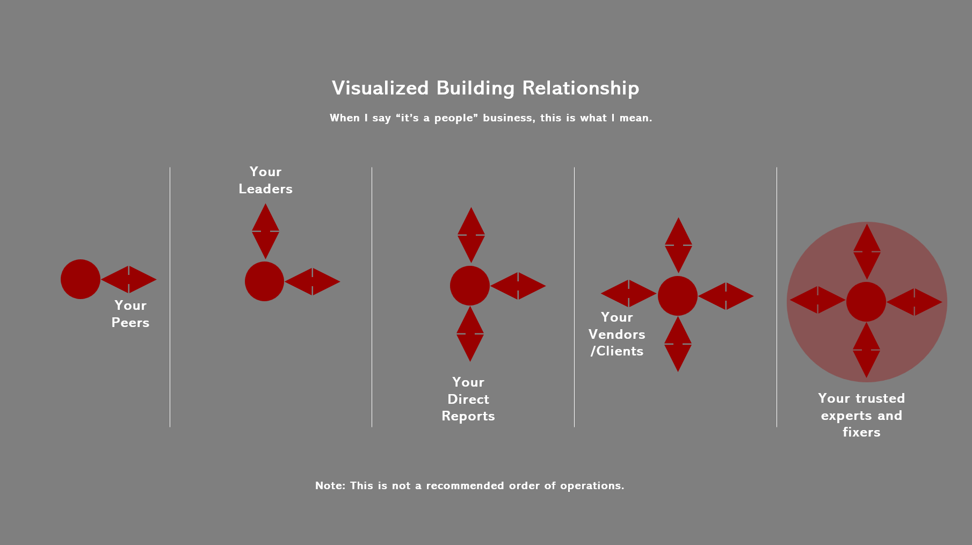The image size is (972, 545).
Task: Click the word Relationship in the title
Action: click(x=581, y=89)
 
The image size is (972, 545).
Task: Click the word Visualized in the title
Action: click(x=380, y=89)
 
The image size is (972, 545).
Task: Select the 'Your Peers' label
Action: click(x=130, y=314)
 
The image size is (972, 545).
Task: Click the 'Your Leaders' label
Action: click(x=265, y=180)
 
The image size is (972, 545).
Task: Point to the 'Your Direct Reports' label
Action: click(x=468, y=399)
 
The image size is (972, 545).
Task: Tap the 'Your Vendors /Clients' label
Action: click(x=616, y=334)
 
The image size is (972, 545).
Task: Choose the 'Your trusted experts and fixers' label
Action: click(x=861, y=415)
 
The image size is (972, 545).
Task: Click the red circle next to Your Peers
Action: click(x=81, y=279)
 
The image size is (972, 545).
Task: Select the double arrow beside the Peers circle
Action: click(x=129, y=279)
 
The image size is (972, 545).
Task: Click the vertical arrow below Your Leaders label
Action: click(x=265, y=231)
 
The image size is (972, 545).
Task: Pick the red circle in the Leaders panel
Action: click(x=264, y=281)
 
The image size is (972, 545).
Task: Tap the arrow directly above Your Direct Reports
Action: click(x=470, y=334)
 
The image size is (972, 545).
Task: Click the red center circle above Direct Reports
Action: click(x=470, y=286)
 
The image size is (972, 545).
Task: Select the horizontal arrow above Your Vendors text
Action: click(x=628, y=293)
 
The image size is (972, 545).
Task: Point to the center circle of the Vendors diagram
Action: click(x=678, y=296)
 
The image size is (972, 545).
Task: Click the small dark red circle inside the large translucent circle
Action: click(x=866, y=302)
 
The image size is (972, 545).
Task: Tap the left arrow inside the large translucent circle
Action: click(x=817, y=300)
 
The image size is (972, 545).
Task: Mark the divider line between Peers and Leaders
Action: click(x=170, y=297)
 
